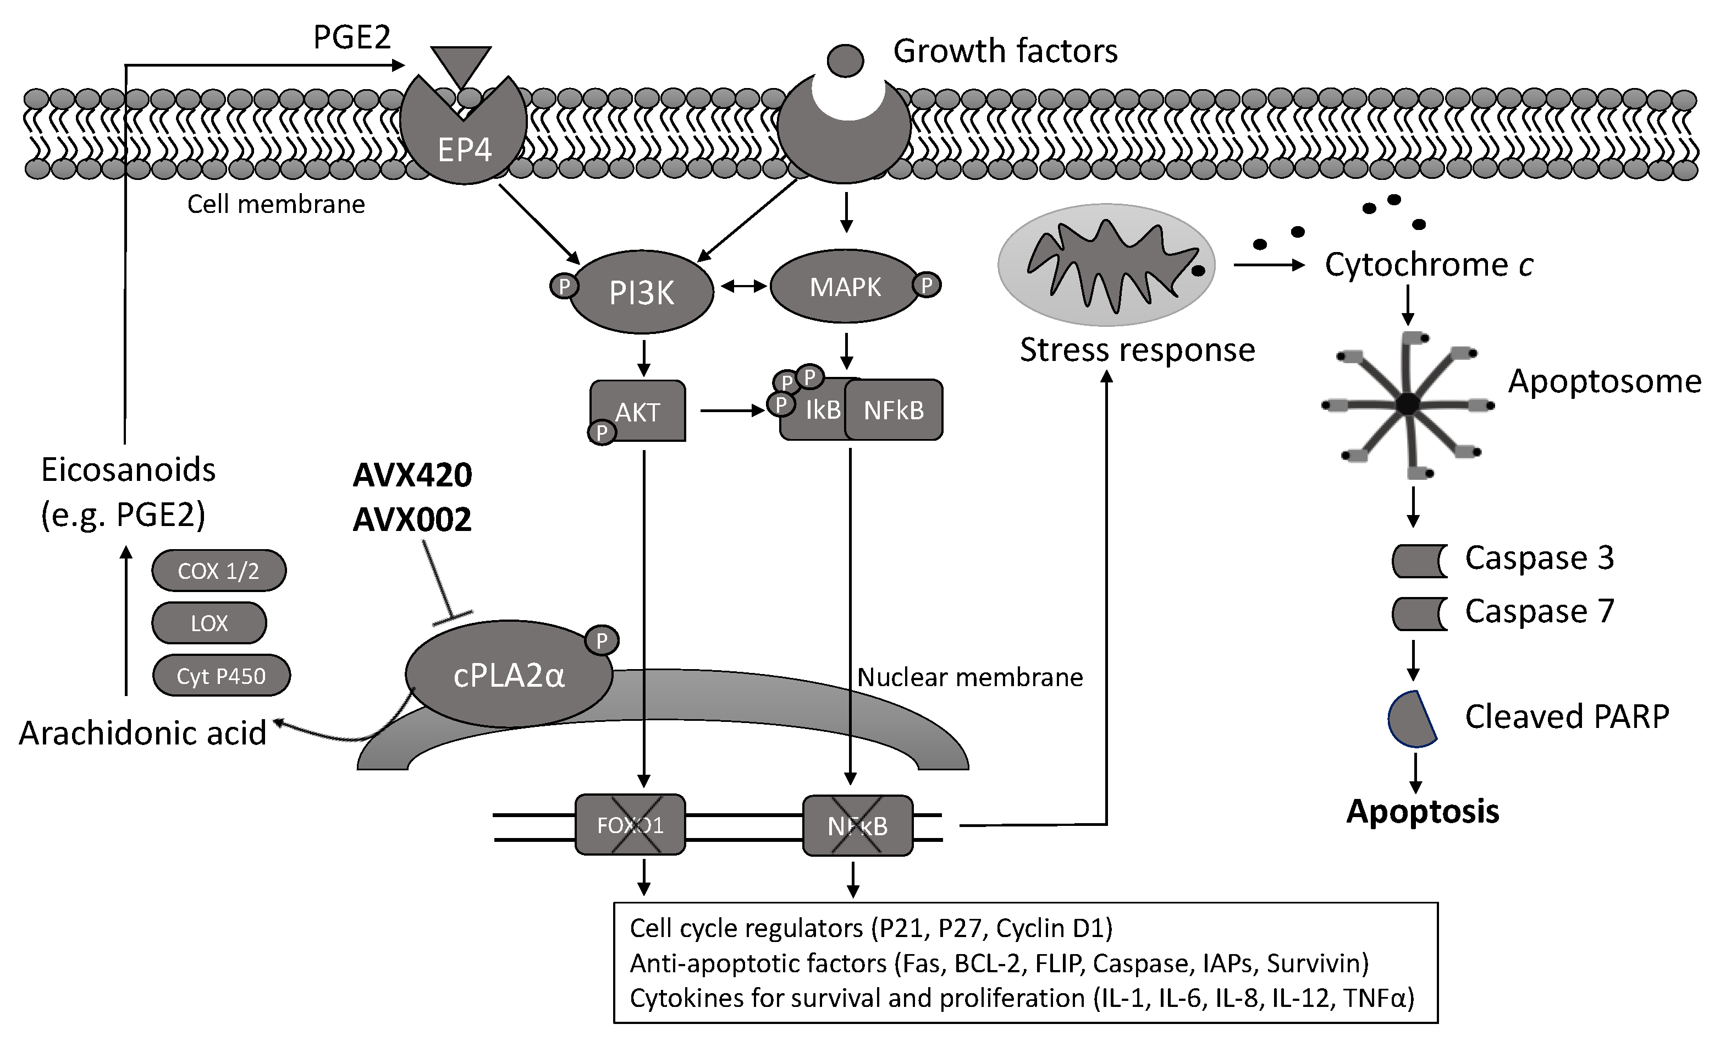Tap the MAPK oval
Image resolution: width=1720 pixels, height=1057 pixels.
[x=845, y=287]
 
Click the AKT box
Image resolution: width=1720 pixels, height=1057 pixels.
[x=638, y=411]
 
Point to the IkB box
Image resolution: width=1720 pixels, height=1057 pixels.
[x=814, y=410]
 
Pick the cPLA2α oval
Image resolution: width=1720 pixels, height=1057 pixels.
[x=509, y=673]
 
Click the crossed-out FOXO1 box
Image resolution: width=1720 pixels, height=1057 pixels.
[x=630, y=825]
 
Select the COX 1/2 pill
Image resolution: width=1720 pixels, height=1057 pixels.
[x=219, y=571]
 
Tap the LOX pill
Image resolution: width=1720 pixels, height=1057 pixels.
[x=209, y=623]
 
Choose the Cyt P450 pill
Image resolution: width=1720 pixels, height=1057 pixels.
[x=220, y=675]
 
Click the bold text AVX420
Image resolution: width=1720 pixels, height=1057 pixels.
[x=412, y=475]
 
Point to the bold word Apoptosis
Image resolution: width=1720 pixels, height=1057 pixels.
[x=1423, y=812]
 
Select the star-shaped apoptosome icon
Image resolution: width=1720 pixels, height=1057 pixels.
[x=1408, y=404]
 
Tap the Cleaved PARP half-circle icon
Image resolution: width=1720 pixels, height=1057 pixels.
[x=1411, y=719]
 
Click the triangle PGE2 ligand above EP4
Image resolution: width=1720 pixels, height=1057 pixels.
[x=461, y=65]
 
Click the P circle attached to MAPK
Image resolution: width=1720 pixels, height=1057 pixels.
[x=927, y=285]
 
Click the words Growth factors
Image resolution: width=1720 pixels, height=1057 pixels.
[x=1005, y=51]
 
